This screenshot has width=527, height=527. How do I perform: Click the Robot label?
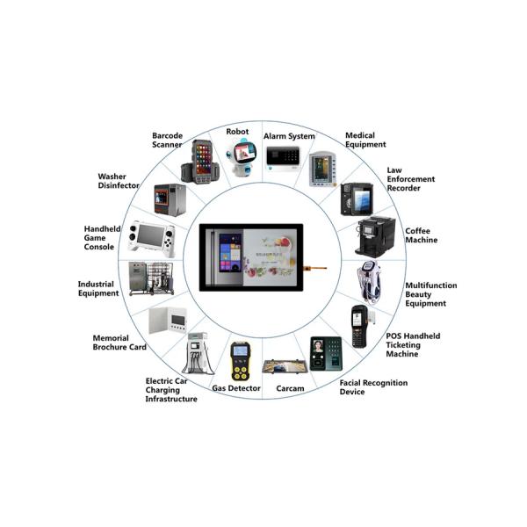click(x=237, y=132)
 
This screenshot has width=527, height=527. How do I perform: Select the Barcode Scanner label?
click(x=167, y=141)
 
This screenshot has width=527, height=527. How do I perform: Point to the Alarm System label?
click(x=289, y=137)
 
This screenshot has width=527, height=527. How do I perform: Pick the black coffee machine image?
click(x=372, y=235)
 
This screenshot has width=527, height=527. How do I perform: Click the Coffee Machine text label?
click(x=421, y=235)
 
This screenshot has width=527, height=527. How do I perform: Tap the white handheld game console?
click(x=152, y=238)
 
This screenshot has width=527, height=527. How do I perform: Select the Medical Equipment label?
click(x=365, y=141)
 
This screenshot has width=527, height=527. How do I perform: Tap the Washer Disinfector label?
click(x=118, y=181)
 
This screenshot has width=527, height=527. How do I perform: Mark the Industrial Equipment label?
click(x=98, y=289)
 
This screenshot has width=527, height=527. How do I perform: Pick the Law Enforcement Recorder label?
click(x=411, y=178)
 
